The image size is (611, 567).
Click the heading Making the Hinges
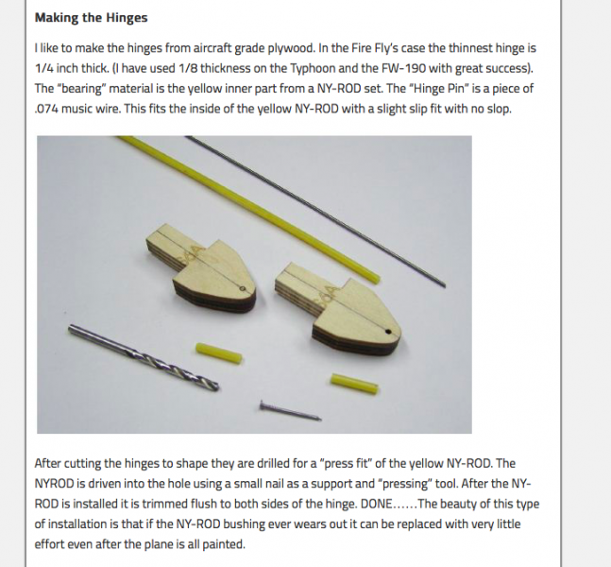pos(92,18)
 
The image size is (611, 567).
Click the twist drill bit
pos(144,357)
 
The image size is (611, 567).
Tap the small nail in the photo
pos(291,411)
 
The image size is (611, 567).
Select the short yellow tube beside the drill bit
pos(219,352)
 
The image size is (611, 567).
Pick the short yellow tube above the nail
pos(354,384)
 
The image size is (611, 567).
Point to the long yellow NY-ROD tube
pos(249,209)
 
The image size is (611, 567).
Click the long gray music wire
pos(315,212)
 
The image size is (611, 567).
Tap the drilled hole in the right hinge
pos(388,332)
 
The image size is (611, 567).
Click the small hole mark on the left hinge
pos(242,288)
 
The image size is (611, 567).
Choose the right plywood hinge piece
pos(338,308)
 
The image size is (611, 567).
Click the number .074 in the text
pos(46,109)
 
